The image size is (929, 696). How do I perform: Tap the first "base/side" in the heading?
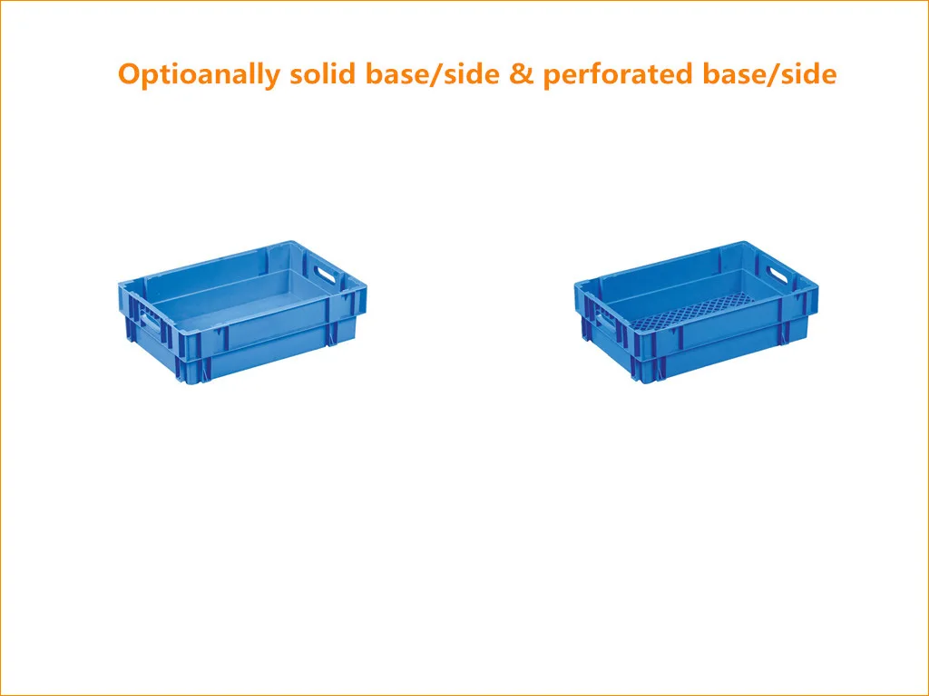pyautogui.click(x=433, y=74)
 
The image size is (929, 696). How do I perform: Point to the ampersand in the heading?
pyautogui.click(x=522, y=74)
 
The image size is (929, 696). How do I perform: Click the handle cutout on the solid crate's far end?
pyautogui.click(x=325, y=273)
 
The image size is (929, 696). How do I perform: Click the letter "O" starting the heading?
pyautogui.click(x=130, y=73)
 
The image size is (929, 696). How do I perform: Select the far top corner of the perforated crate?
pyautogui.click(x=742, y=242)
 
